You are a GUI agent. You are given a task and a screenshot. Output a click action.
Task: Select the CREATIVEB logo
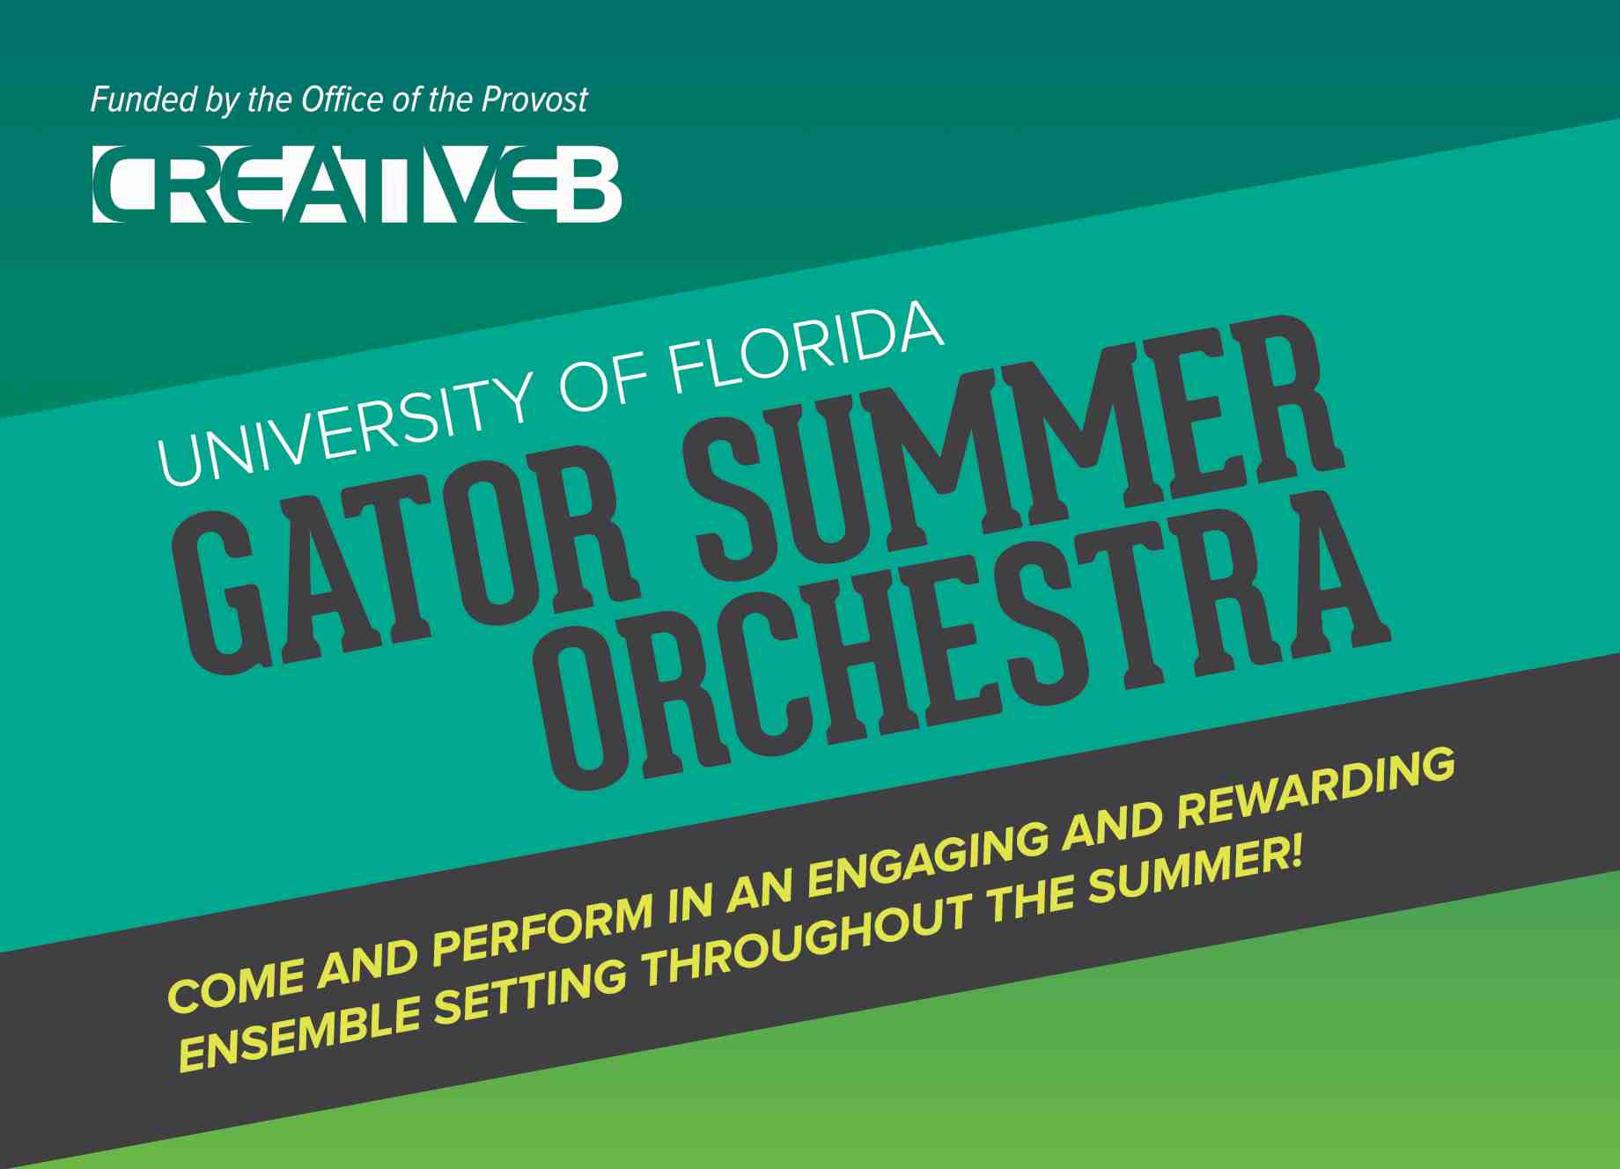(357, 184)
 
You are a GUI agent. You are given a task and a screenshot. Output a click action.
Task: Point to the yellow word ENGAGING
(928, 850)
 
